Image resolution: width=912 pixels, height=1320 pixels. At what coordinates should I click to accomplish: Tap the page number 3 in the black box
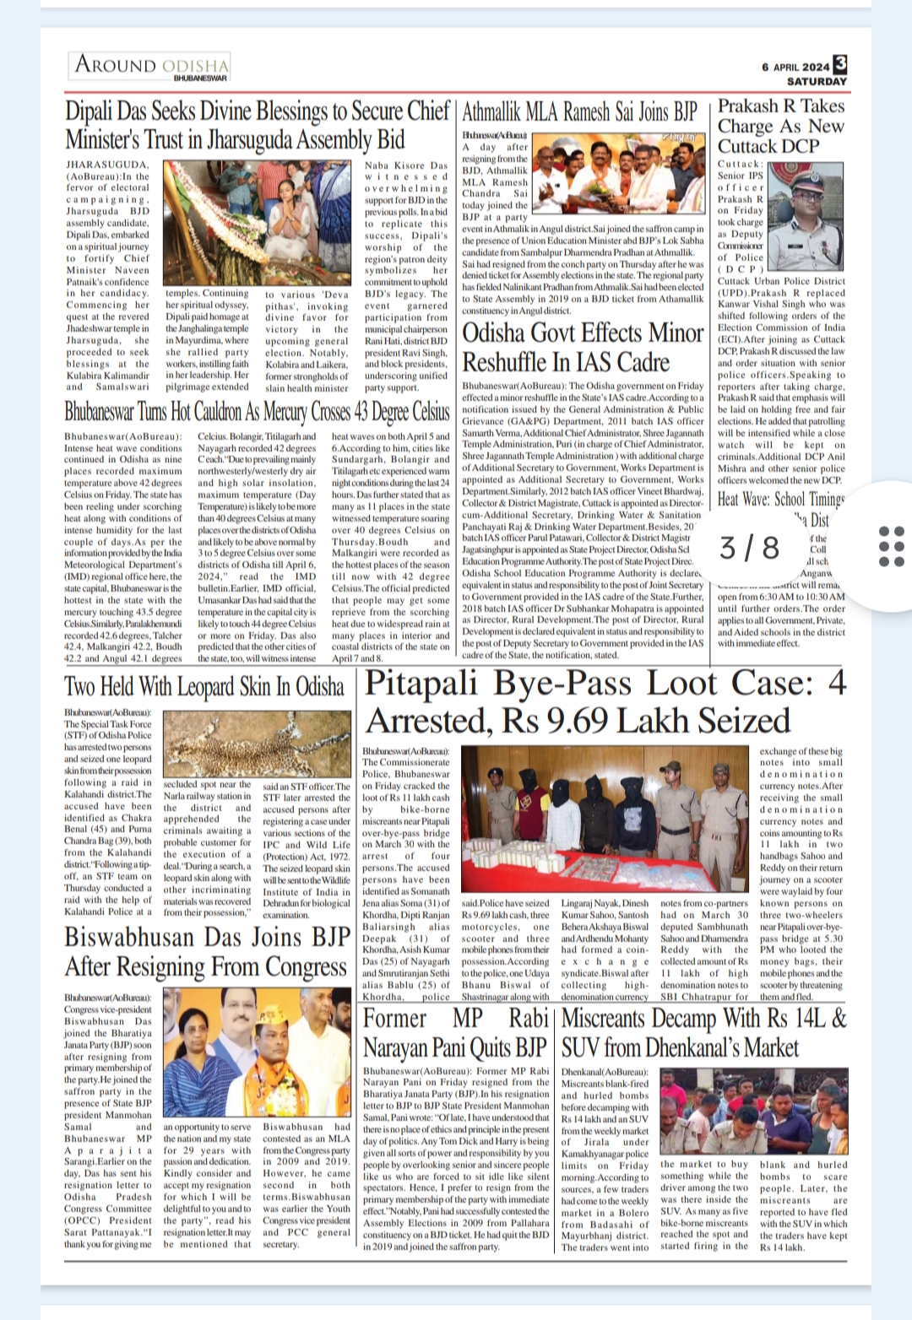[x=839, y=64]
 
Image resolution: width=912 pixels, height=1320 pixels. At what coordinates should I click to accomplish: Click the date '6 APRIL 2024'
[x=795, y=67]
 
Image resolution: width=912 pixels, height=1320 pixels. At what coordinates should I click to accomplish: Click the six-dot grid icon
[x=892, y=546]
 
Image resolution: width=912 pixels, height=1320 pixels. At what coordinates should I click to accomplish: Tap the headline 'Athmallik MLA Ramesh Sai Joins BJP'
[x=580, y=111]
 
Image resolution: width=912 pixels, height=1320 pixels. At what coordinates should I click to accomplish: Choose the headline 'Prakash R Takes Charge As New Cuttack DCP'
[x=780, y=126]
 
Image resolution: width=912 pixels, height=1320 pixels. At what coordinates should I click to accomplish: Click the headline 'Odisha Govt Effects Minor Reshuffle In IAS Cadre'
[x=583, y=347]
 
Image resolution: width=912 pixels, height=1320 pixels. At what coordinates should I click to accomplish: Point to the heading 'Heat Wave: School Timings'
[x=780, y=499]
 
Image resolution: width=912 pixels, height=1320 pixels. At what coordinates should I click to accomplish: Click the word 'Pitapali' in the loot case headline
[x=421, y=683]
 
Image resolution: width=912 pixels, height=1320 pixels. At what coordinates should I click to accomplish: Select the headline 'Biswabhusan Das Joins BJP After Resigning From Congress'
[x=207, y=951]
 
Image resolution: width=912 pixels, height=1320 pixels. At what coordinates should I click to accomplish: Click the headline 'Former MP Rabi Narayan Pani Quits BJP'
[x=455, y=1033]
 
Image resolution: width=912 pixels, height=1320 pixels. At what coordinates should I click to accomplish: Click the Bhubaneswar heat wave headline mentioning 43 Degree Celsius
[x=257, y=412]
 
